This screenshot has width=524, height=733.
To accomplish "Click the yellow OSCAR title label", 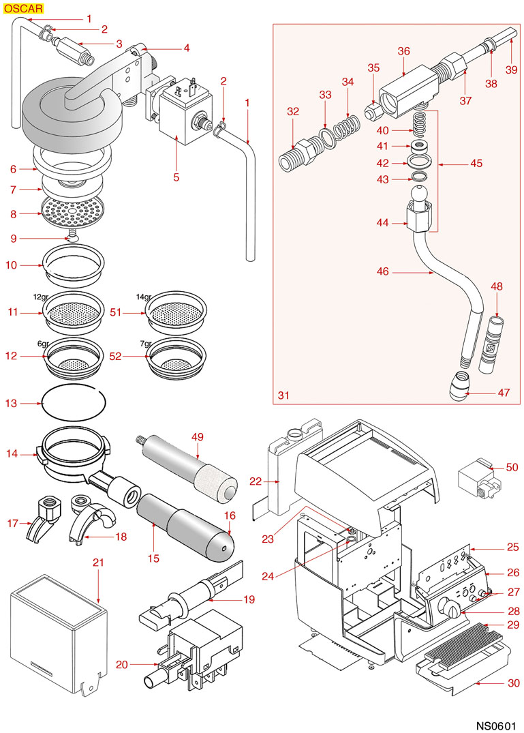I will (23, 9).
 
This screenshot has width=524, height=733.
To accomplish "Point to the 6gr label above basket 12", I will (44, 344).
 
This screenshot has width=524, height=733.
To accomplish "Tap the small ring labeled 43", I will (420, 178).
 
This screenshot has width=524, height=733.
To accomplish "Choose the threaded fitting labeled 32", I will (296, 154).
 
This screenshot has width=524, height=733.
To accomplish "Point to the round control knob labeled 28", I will (448, 607).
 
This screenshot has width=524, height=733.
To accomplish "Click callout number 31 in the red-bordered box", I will (283, 395).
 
